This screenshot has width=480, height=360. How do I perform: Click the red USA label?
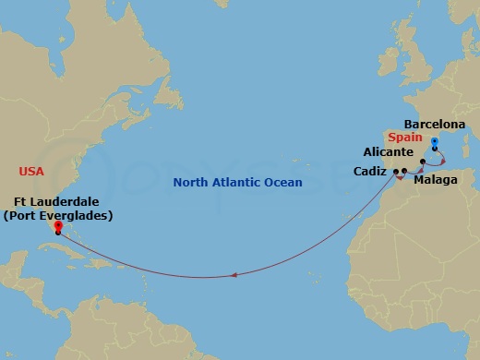(31, 171)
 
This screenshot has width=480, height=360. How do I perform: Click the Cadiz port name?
(370, 171)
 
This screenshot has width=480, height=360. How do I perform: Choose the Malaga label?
(435, 180)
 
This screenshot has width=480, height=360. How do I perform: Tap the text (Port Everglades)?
(57, 216)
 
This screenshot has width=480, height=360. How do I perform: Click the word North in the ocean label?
(191, 184)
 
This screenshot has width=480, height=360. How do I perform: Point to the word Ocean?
(283, 184)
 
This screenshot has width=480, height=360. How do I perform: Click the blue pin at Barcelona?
(434, 143)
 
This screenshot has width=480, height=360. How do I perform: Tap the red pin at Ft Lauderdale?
(57, 227)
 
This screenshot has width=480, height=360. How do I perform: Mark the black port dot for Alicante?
(423, 162)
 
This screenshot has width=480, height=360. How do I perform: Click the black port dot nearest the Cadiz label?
(395, 173)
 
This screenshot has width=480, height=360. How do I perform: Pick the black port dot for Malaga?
(404, 172)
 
